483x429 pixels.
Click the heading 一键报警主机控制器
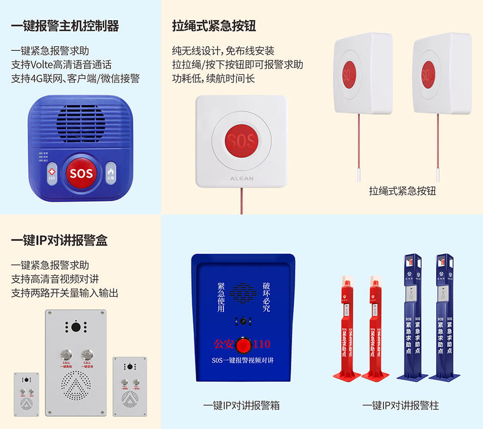65,26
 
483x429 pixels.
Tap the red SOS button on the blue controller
81,173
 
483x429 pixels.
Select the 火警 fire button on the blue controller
111,171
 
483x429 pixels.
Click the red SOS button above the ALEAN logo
242,140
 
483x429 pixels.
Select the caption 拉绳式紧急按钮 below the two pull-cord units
403,191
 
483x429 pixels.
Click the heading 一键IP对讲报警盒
59,240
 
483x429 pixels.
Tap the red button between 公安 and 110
244,345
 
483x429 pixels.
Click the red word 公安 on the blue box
224,345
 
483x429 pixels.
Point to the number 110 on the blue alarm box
262,345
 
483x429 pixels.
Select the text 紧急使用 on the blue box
220,297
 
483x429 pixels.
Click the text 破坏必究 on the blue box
266,297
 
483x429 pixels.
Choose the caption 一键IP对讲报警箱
242,405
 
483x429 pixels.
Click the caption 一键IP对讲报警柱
400,405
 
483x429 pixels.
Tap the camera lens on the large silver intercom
76,327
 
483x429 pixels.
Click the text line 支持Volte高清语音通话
61,65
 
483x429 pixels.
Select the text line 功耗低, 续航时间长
213,78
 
